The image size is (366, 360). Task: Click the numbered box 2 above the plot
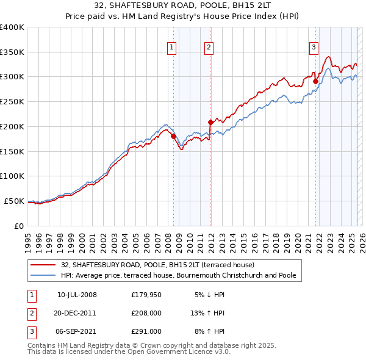click(209, 48)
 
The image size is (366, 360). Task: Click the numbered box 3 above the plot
click(314, 48)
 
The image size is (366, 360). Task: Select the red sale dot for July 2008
click(173, 136)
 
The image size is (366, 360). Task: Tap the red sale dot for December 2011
click(210, 122)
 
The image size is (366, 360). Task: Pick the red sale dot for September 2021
click(315, 81)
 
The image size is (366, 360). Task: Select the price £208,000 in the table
click(146, 313)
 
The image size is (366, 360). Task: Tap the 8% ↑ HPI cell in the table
click(210, 331)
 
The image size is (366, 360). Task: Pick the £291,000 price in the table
click(146, 331)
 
